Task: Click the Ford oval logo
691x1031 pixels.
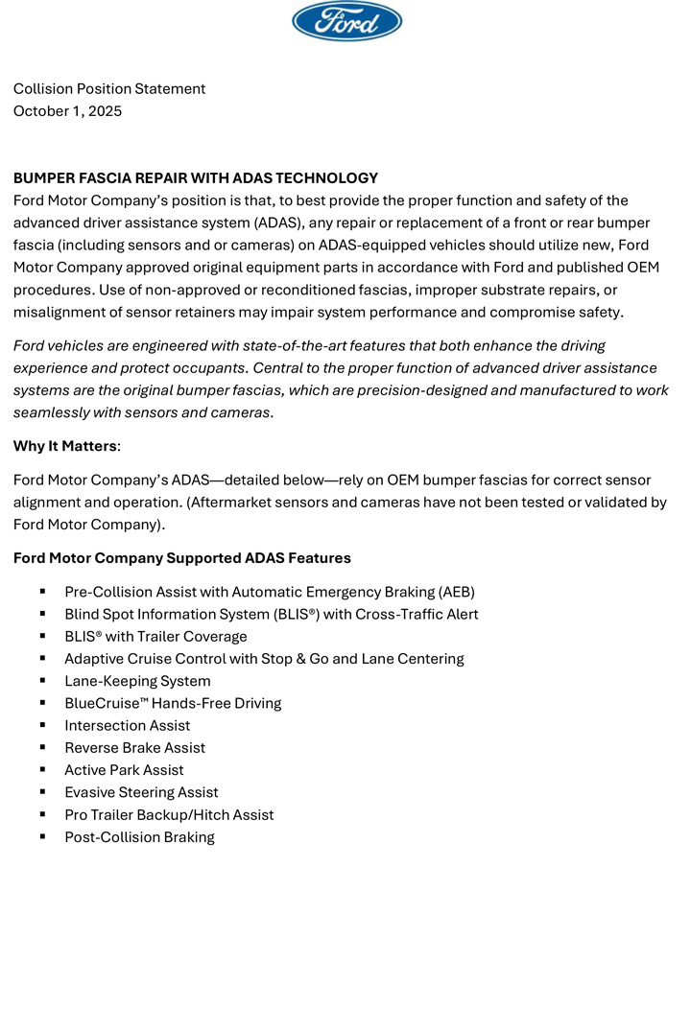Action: coord(346,21)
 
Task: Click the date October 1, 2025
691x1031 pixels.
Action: coord(67,111)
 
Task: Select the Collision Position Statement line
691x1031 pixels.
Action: coord(109,89)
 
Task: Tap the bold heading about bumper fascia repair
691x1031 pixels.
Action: coord(196,178)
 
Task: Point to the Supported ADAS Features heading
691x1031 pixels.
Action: coord(182,558)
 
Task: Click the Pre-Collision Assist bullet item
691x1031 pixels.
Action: coord(270,593)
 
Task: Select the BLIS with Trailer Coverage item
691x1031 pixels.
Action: coord(155,637)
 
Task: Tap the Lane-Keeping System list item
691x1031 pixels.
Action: coord(137,681)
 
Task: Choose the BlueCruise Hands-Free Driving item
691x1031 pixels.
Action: coord(173,703)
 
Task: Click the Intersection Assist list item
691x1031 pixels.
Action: coord(127,726)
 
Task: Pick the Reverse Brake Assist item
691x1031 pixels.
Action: coord(134,748)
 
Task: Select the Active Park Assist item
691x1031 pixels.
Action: coord(124,770)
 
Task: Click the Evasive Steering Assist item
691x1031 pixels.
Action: coord(141,792)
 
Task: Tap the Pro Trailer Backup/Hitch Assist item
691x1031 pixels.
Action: coord(169,815)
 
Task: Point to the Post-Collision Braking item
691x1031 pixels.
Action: coord(139,837)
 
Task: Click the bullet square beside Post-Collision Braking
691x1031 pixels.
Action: coord(43,837)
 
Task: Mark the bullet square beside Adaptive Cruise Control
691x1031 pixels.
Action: coord(43,659)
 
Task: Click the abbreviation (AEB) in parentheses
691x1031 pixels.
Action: coord(456,593)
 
